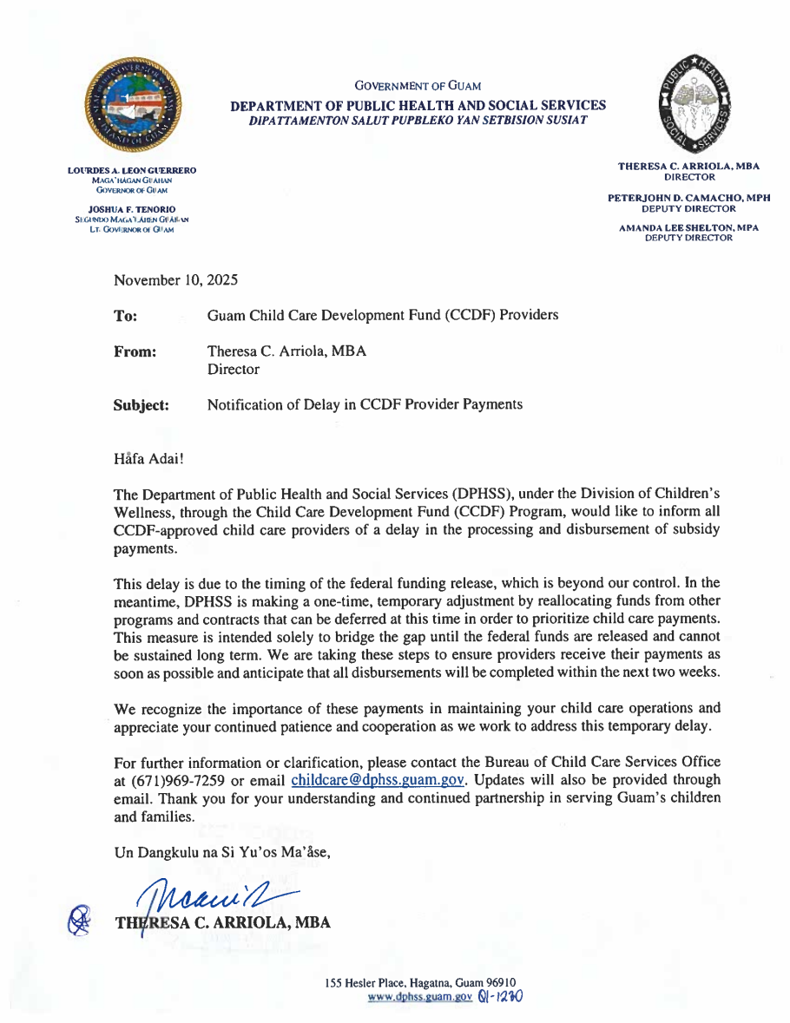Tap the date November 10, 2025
coord(175,280)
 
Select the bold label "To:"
coord(125,316)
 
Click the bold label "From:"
coord(135,351)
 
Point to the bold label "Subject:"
coord(142,405)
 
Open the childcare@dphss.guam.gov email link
coord(379,779)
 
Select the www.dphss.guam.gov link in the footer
coord(420,998)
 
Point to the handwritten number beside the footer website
coord(500,997)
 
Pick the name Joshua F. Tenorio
coord(132,209)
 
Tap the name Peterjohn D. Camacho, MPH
coord(688,199)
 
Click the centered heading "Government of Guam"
coord(418,86)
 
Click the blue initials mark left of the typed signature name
coord(80,919)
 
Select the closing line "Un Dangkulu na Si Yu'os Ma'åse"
coord(222,852)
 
